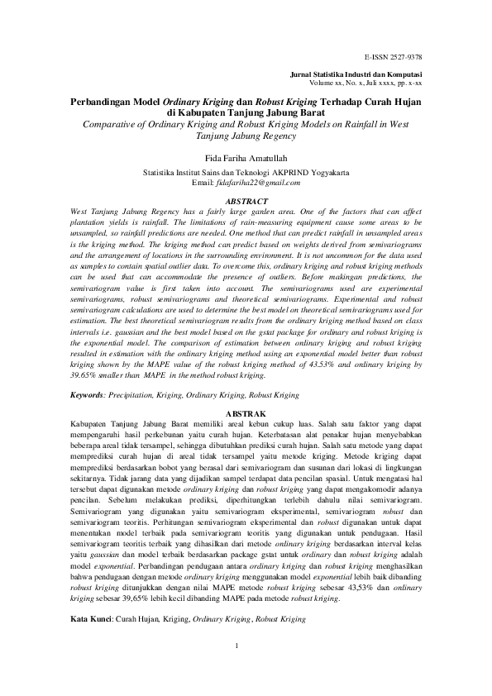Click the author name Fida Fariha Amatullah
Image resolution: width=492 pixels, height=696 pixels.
pos(246,155)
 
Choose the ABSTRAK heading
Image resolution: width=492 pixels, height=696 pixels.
pos(246,412)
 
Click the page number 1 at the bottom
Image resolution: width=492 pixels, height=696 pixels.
pos(237,669)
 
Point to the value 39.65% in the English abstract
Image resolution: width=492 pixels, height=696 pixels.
pos(89,374)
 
